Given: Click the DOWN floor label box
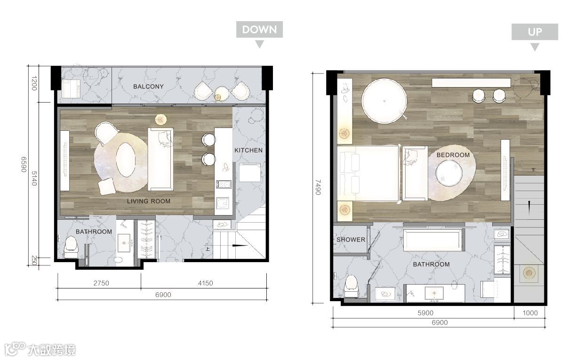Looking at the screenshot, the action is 259,30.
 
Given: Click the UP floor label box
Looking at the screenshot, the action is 535,32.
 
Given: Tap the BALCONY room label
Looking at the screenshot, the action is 148,87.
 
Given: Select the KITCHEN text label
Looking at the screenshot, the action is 248,150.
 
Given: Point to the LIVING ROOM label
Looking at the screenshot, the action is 149,201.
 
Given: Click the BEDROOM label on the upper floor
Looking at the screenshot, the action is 453,155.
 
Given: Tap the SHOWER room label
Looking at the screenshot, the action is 351,240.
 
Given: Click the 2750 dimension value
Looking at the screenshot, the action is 101,283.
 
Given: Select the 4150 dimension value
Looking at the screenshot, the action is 205,283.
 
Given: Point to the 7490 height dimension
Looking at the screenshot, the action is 318,187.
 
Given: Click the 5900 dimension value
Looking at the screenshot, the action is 425,312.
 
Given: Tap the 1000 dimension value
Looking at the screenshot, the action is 530,312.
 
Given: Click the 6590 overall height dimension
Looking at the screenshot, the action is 24,164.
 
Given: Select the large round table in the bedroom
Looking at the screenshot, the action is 384,101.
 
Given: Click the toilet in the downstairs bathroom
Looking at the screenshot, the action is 71,247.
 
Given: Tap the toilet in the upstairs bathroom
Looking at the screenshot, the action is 351,286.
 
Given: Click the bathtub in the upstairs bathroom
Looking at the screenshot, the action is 434,240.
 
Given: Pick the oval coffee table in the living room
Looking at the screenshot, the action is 126,160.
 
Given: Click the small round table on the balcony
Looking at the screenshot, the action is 222,94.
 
